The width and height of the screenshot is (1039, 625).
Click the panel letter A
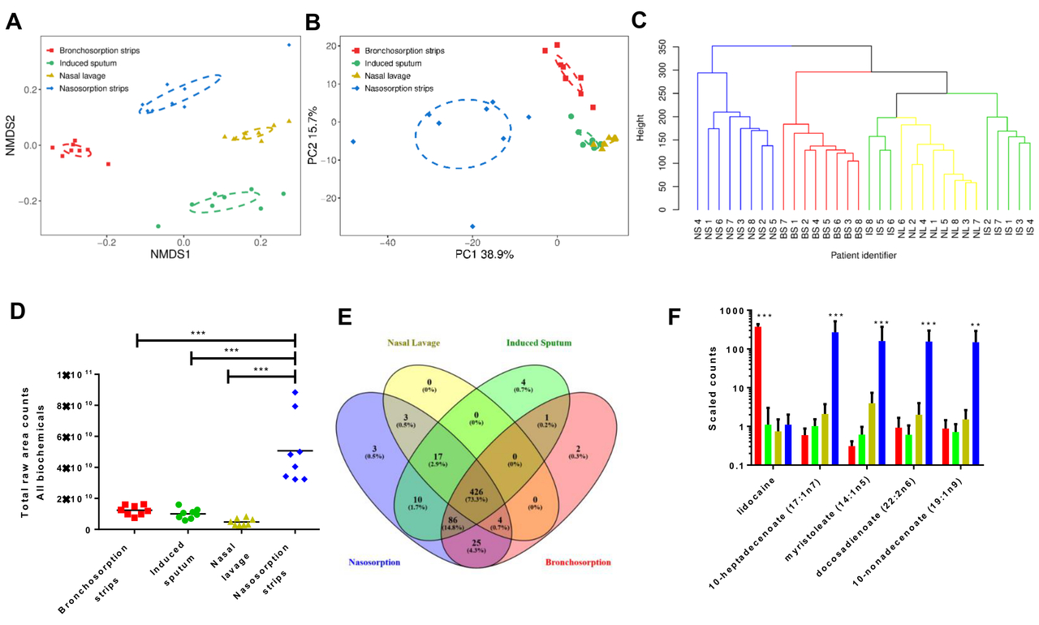(x=14, y=22)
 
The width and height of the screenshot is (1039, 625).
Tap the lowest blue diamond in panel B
(x=472, y=226)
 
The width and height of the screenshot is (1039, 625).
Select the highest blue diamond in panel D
(x=295, y=392)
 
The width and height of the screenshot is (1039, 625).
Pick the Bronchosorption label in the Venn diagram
(x=579, y=562)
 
